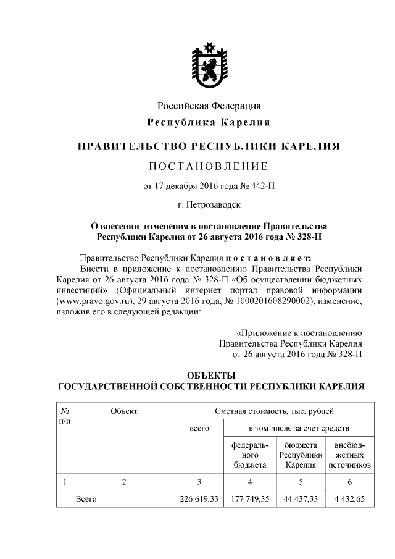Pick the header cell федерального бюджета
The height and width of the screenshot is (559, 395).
click(249, 455)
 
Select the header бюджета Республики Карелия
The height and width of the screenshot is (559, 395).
click(301, 455)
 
